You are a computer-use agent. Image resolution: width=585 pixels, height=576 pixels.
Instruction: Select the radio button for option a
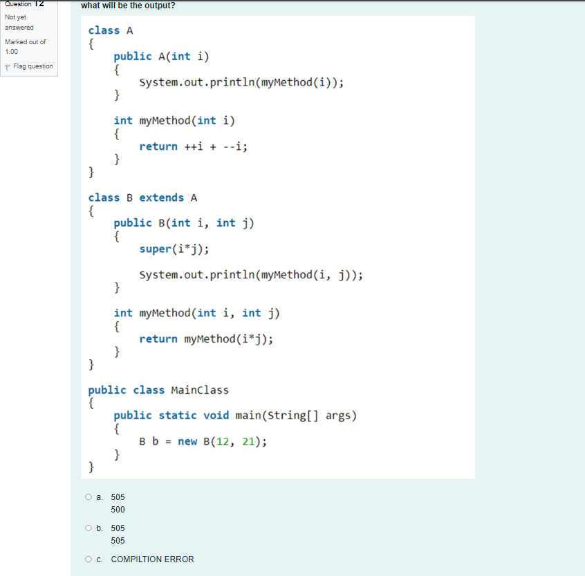(x=89, y=497)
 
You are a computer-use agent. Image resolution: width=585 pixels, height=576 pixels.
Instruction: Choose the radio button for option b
(x=89, y=528)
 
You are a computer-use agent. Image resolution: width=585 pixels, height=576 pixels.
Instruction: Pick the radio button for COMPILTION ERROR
(x=89, y=559)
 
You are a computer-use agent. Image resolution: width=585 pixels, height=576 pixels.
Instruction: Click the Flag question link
(x=32, y=66)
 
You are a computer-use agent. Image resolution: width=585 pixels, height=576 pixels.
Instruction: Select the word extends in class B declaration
(x=161, y=198)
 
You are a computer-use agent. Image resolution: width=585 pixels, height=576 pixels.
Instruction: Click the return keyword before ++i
(x=158, y=146)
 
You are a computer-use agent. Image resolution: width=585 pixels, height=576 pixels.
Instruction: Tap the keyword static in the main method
(x=178, y=415)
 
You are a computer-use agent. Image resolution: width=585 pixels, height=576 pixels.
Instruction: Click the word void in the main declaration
(x=216, y=415)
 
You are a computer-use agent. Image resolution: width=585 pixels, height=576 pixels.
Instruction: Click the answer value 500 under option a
(x=118, y=510)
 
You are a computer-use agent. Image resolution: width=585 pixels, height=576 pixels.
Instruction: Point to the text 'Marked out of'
(x=25, y=42)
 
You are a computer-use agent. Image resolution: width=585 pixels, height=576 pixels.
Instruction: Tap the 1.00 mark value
(x=12, y=52)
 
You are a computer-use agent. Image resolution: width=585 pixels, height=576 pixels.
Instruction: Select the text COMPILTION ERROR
(x=152, y=559)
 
